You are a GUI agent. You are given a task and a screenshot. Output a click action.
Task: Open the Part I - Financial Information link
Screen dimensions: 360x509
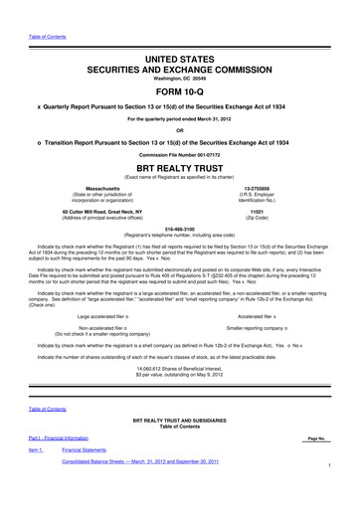pyautogui.click(x=62, y=466)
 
